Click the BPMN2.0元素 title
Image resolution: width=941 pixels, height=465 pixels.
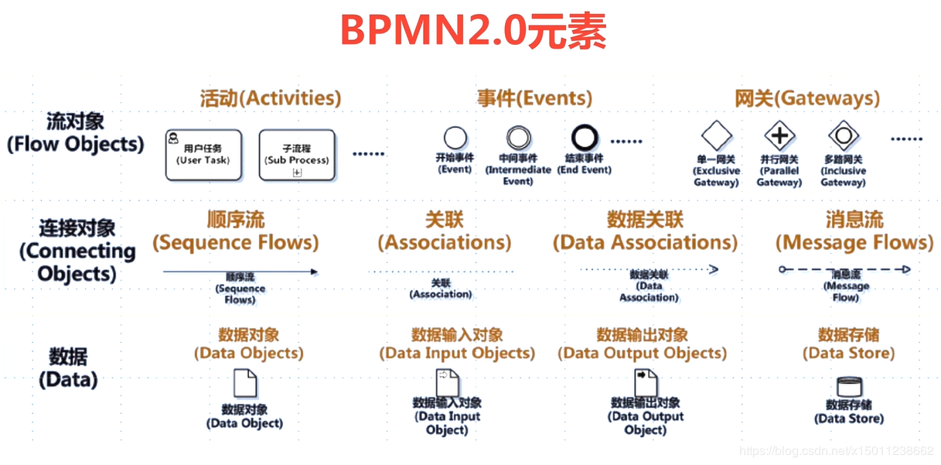[x=473, y=32]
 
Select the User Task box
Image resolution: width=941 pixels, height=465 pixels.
[x=203, y=155]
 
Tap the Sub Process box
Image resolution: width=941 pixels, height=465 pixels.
[x=297, y=155]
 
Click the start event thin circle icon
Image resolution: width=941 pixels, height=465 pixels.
[x=455, y=138]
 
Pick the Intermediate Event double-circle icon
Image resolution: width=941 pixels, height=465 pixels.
[x=518, y=138]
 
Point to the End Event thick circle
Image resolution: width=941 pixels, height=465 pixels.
[x=585, y=138]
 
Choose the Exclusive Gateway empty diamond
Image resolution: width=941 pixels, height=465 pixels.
[x=716, y=135]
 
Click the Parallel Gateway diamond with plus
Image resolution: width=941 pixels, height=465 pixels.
[x=779, y=135]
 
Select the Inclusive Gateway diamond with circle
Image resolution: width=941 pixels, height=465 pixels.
[x=843, y=135]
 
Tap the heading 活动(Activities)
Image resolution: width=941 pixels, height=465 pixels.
[x=270, y=99]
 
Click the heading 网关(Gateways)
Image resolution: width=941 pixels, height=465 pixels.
[x=807, y=99]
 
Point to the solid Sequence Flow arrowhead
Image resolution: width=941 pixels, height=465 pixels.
[x=313, y=272]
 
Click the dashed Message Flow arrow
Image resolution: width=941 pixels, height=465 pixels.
[x=846, y=269]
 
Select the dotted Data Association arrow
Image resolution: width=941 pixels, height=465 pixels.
[x=649, y=269]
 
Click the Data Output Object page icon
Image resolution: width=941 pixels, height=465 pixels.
[x=646, y=382]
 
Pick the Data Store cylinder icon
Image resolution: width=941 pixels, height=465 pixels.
[x=848, y=386]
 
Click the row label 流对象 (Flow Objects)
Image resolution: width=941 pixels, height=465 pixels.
[x=75, y=133]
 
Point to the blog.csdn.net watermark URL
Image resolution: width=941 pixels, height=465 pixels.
[x=837, y=450]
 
